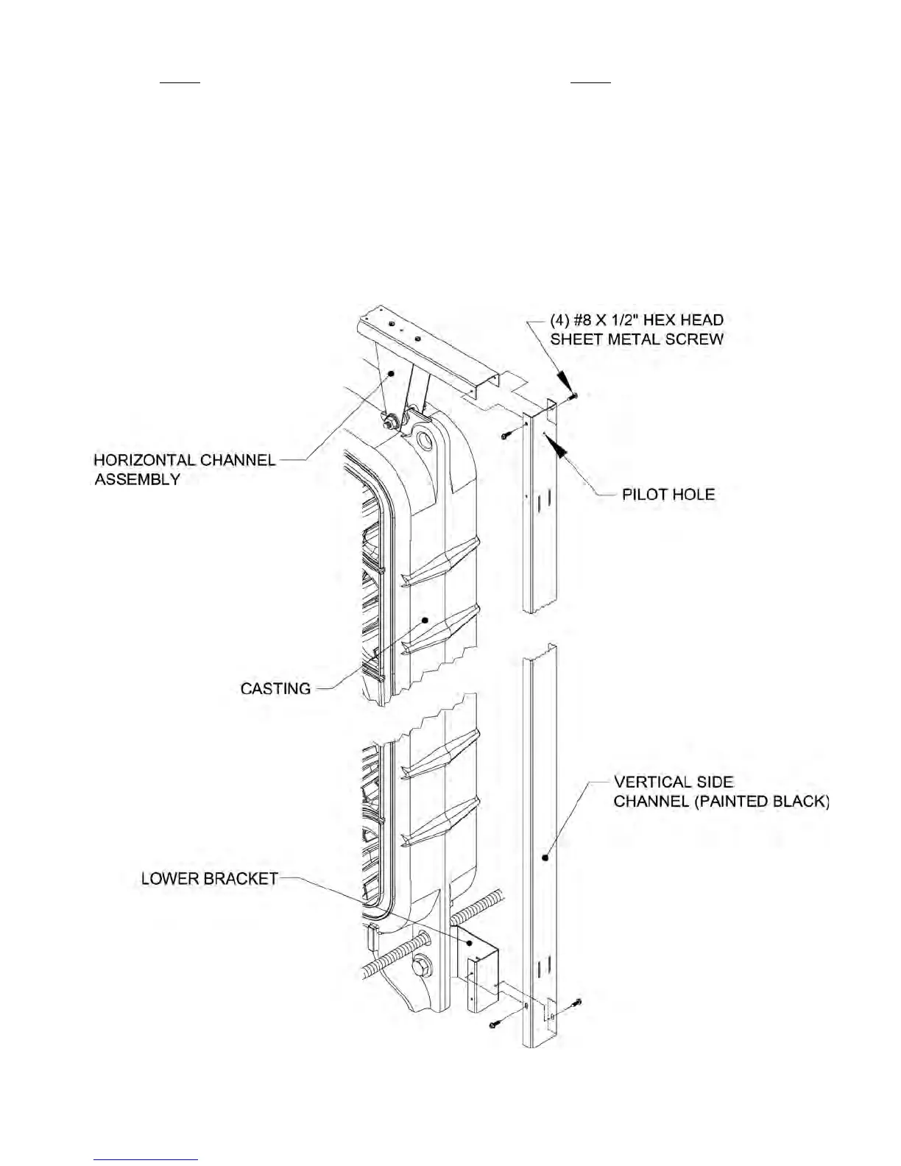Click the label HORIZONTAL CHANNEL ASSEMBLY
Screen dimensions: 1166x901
(184, 470)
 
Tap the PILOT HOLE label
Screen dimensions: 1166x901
(668, 494)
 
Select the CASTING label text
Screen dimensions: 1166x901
(275, 689)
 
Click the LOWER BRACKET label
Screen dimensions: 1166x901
(210, 879)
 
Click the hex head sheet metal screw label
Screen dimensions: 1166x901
(637, 330)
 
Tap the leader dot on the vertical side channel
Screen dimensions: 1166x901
(545, 857)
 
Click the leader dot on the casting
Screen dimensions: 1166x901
(425, 620)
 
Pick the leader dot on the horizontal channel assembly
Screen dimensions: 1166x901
(392, 373)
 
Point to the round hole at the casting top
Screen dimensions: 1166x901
(426, 442)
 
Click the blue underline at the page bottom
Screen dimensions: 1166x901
(146, 1160)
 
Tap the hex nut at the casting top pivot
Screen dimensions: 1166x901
(388, 423)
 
